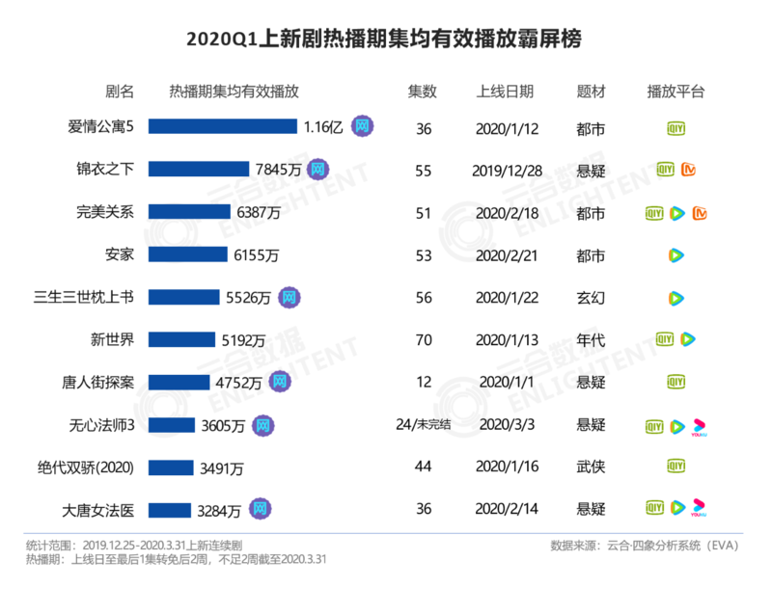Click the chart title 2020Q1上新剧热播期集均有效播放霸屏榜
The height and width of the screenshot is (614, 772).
(385, 40)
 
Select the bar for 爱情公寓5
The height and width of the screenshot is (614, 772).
(222, 126)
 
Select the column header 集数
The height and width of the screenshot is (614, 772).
(422, 92)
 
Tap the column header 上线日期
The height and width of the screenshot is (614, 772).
(505, 92)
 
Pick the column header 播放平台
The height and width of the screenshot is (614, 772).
(675, 92)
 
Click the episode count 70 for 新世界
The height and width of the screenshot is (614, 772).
(423, 339)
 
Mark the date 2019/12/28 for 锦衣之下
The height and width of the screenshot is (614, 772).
(505, 170)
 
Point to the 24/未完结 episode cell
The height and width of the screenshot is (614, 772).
(423, 424)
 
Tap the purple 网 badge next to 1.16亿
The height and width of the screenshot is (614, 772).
(363, 126)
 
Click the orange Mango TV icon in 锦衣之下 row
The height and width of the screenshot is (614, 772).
(689, 170)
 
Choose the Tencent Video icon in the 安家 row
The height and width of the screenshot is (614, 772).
(676, 254)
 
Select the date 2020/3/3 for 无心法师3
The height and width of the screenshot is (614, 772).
(505, 424)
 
